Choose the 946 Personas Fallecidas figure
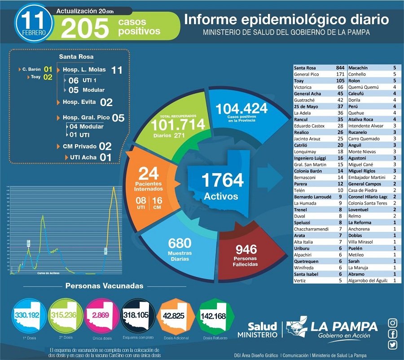click(246, 249)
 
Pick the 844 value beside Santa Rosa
click(340, 67)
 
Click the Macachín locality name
click(359, 67)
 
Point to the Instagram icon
click(393, 323)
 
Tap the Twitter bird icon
click(393, 345)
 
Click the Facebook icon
click(393, 334)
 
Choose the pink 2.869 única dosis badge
click(101, 315)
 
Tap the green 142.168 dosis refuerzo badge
click(213, 316)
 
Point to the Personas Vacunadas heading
click(104, 286)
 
